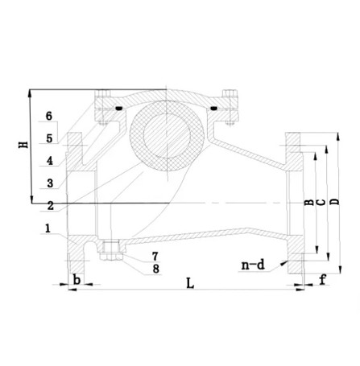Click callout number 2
pos(50,205)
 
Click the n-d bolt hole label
pos(253,263)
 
